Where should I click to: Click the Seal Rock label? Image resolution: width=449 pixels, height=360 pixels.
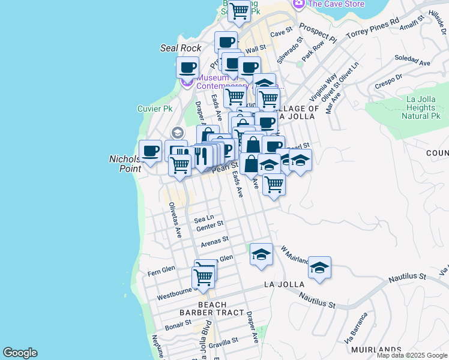[181, 48]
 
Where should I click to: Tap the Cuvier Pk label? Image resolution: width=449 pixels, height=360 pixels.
[155, 109]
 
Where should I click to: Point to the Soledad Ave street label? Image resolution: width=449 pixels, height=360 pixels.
[414, 62]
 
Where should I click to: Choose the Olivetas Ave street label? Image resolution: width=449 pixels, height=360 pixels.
[175, 220]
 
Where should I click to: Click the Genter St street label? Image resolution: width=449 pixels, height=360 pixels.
[209, 225]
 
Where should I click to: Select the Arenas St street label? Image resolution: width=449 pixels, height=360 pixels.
[215, 241]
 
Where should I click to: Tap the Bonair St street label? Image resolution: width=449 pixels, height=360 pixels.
[178, 323]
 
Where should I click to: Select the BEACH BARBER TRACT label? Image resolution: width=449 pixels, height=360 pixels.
[212, 308]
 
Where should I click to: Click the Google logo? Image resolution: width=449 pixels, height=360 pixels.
[20, 353]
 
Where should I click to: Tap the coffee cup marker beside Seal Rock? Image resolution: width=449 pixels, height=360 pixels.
[187, 67]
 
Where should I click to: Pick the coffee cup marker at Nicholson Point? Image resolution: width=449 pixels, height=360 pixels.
[149, 151]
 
